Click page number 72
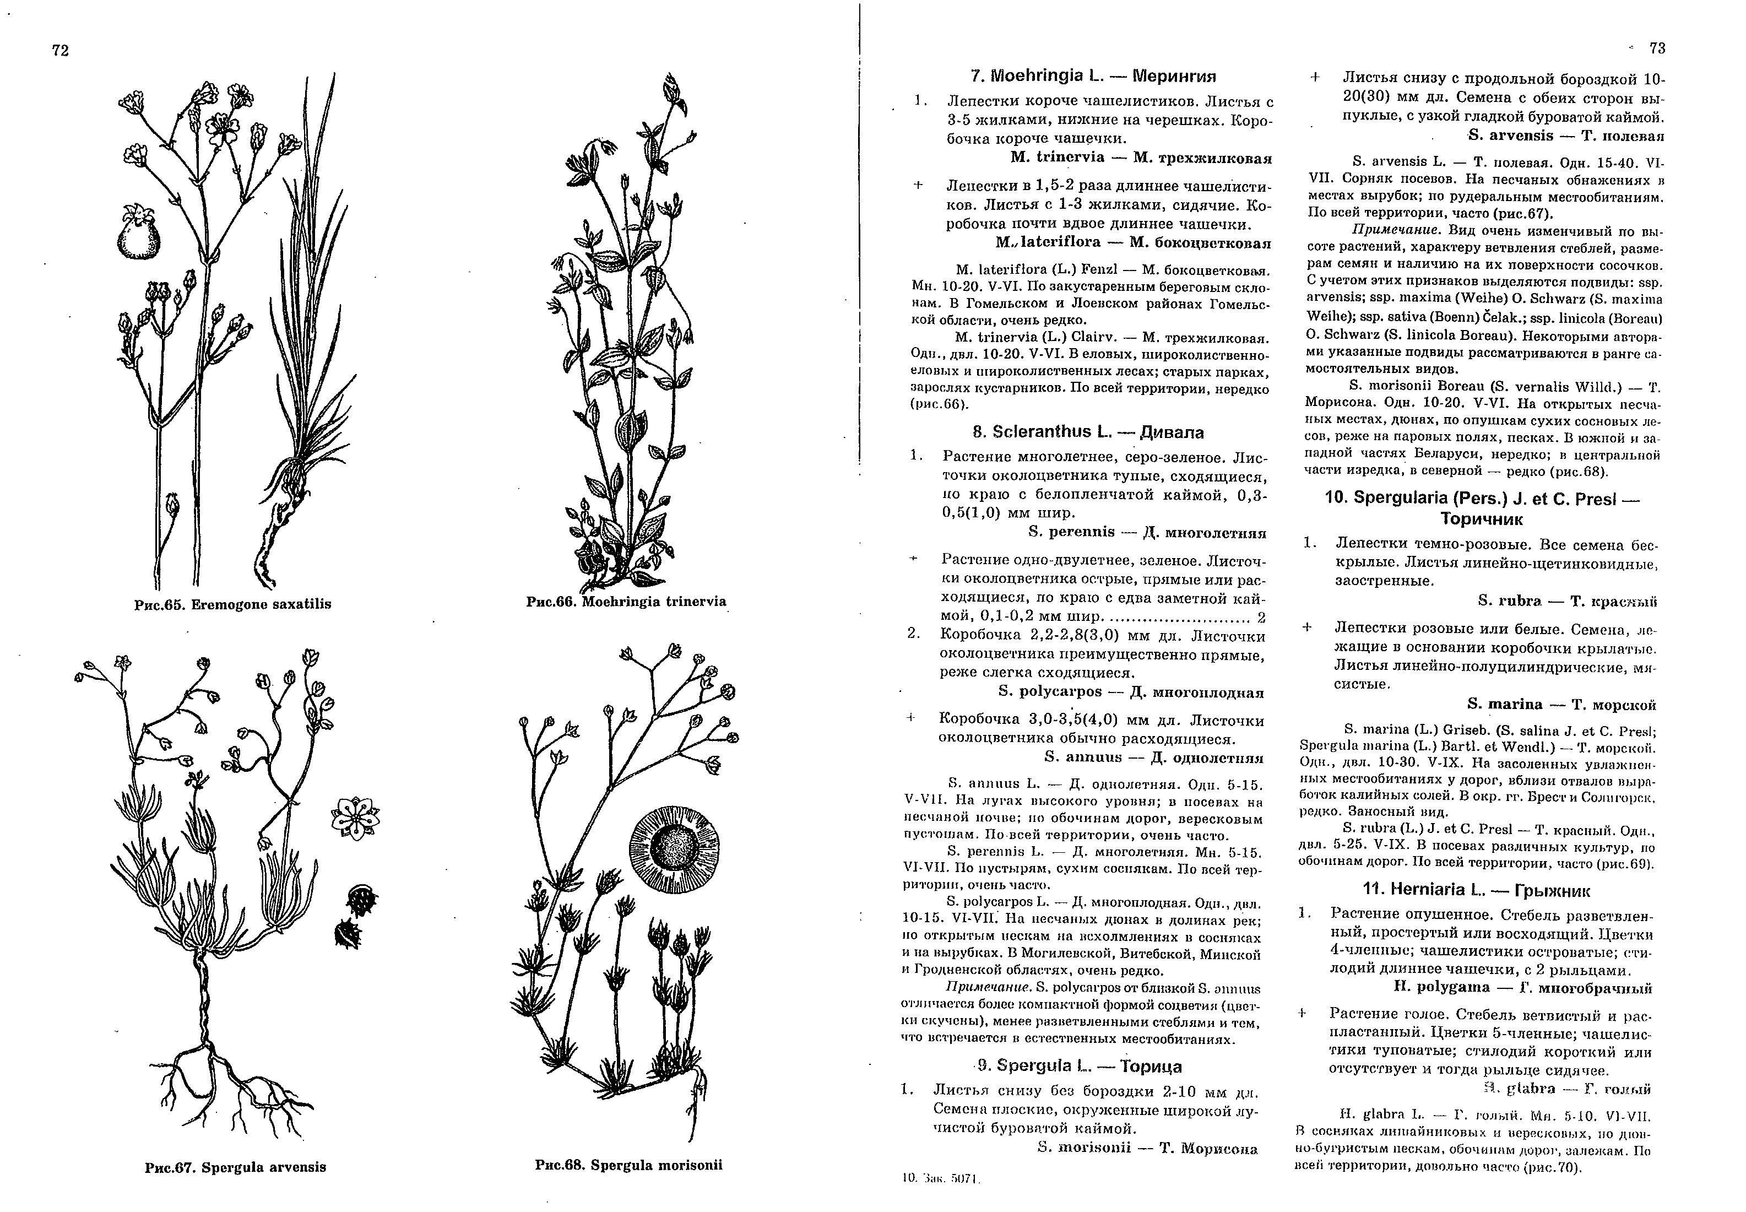(x=61, y=50)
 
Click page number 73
(x=1657, y=48)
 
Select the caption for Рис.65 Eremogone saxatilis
(x=232, y=604)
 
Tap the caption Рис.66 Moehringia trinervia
(x=626, y=602)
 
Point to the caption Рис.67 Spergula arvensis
(x=235, y=1167)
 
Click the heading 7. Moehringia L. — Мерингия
(x=1093, y=76)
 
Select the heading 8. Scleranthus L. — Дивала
(x=1088, y=432)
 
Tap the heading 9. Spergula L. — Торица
(x=1080, y=1066)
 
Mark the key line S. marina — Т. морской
(x=1561, y=705)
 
